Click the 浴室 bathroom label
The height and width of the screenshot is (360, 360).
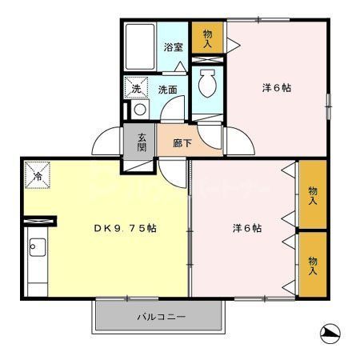point(173,47)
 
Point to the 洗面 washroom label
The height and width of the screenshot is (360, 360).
point(166,90)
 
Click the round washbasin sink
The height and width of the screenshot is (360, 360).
point(139,110)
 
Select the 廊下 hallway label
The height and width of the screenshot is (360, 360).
point(182,143)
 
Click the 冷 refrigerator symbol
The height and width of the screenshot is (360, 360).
point(37,174)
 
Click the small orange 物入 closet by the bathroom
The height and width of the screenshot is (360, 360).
point(207,38)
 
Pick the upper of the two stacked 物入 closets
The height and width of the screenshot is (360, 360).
point(312,194)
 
